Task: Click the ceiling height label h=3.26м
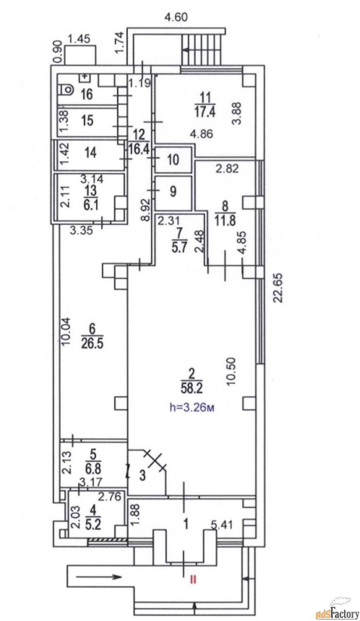point(192,407)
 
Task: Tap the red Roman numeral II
point(193,579)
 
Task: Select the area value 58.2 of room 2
point(191,388)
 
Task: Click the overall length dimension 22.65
point(279,287)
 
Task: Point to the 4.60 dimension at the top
point(176,17)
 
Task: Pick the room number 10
point(173,159)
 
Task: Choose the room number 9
point(173,191)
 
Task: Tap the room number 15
point(87,120)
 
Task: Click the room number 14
point(91,152)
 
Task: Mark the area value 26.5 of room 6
point(92,343)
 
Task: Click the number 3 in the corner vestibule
point(142,475)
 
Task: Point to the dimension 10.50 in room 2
point(231,371)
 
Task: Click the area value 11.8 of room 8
point(225,221)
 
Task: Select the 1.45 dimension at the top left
point(79,39)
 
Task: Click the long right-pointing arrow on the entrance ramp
point(99,578)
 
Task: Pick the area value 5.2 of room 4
point(93,524)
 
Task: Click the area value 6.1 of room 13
point(91,205)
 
